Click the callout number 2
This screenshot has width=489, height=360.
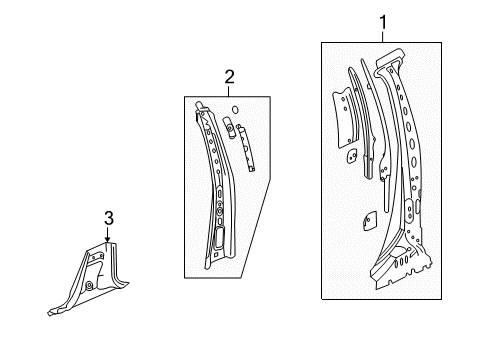point(229,75)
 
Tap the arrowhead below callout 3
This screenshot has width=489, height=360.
point(107,239)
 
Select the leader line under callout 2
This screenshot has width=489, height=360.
point(229,89)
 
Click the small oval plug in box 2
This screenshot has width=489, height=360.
point(234,109)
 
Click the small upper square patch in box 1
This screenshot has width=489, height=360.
point(353,155)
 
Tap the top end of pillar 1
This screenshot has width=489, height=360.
point(388,62)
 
